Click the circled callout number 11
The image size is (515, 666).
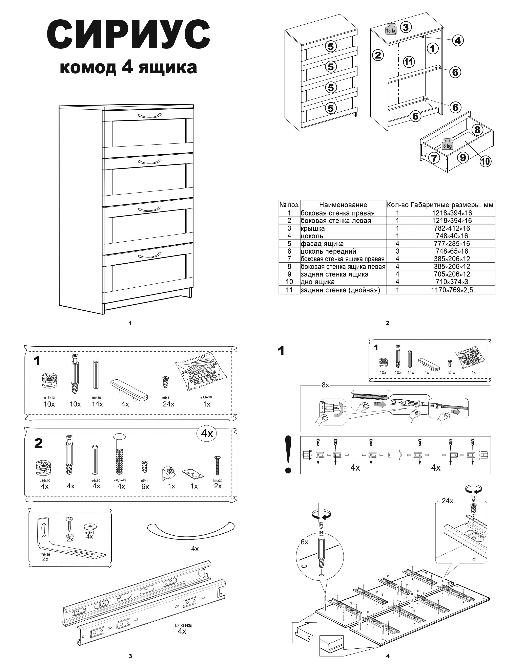pos(409,62)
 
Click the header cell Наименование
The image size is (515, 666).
pos(343,205)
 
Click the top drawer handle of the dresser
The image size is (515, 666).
pos(149,116)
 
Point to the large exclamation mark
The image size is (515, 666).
pos(288,454)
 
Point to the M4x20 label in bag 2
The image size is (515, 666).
pos(218,481)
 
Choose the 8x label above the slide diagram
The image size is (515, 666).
pos(325,385)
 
